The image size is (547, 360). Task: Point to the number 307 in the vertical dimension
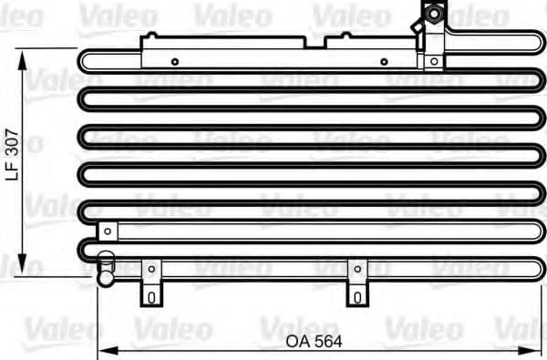click(x=12, y=141)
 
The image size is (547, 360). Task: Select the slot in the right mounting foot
click(x=357, y=296)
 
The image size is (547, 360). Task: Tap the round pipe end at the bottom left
click(x=106, y=267)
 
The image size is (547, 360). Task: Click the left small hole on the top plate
click(x=175, y=62)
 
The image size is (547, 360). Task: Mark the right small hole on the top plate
click(x=384, y=62)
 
